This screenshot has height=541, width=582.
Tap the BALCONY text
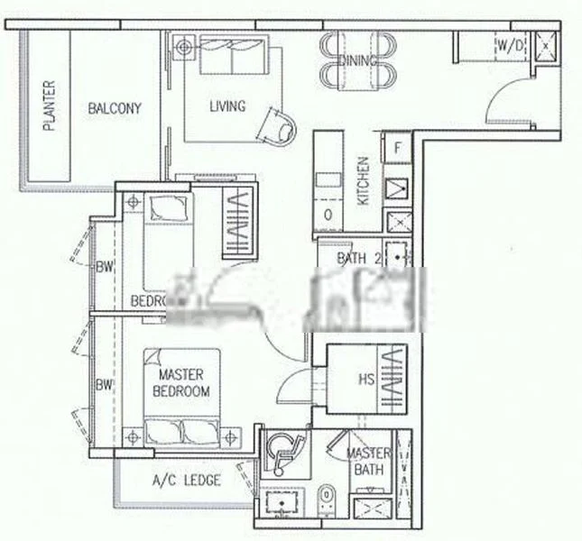tap(115, 108)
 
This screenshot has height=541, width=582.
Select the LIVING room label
tap(226, 106)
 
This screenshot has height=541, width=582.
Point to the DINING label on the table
tap(359, 60)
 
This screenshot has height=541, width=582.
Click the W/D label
tap(506, 43)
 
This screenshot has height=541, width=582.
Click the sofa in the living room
tap(233, 56)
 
